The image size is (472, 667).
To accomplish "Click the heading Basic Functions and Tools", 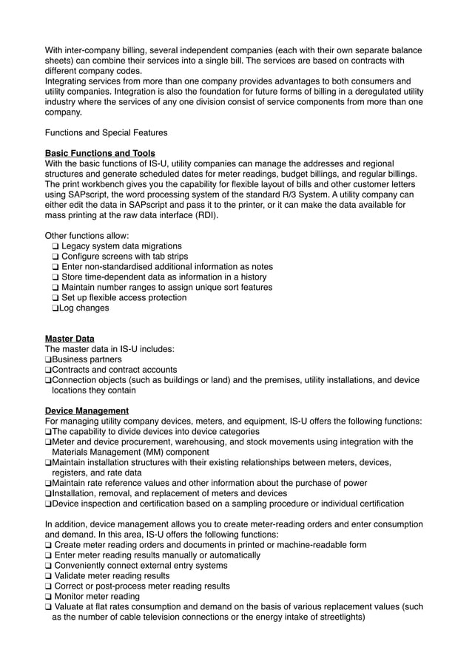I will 100,153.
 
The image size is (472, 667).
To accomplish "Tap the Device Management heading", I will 87,410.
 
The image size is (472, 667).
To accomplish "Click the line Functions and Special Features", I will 107,133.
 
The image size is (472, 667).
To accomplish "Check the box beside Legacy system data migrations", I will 56,246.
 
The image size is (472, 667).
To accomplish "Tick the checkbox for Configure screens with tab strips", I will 56,257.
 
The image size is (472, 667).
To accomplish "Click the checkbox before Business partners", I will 49,360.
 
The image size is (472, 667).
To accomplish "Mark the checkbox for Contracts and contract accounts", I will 49,370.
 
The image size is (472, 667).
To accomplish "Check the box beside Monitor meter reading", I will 49,597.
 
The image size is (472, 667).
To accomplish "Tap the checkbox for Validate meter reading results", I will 49,576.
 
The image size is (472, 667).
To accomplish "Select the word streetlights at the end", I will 340,617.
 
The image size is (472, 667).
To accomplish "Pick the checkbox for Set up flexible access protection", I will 56,298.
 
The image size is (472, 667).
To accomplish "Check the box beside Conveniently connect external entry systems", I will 49,566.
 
